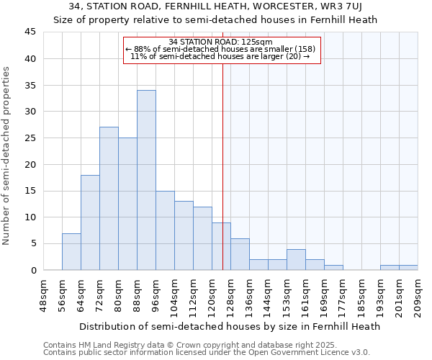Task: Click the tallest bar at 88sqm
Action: [x=146, y=180]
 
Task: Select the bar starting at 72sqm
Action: [x=109, y=199]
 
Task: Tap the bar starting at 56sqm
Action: [x=71, y=251]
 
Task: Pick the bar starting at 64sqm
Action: [x=90, y=222]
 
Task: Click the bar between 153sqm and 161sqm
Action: [x=296, y=259]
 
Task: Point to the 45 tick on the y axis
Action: [x=30, y=32]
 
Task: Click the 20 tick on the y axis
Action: [x=30, y=164]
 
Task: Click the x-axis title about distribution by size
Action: [x=229, y=326]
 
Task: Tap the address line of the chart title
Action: [x=215, y=6]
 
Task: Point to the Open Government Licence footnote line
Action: [x=207, y=353]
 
